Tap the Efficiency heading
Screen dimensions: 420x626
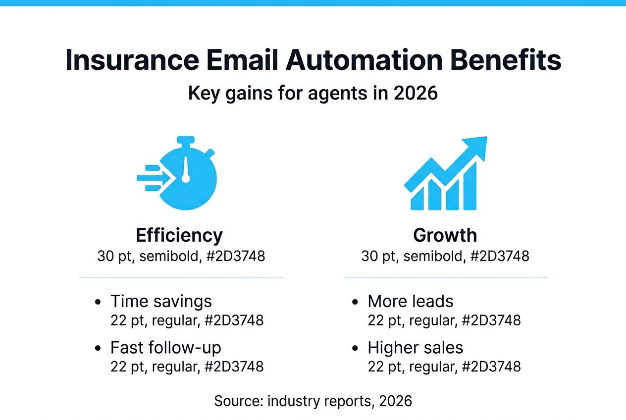point(179,235)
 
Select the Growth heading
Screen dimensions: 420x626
point(445,235)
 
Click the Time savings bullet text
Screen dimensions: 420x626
point(161,301)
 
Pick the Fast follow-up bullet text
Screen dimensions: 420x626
point(165,348)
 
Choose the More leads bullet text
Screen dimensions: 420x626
point(410,301)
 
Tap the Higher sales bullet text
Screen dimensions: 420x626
point(415,348)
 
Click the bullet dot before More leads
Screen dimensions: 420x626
point(355,302)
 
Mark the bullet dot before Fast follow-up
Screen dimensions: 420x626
point(98,348)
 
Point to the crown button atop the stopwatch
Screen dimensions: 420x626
point(185,141)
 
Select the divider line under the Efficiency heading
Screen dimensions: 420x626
point(181,277)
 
